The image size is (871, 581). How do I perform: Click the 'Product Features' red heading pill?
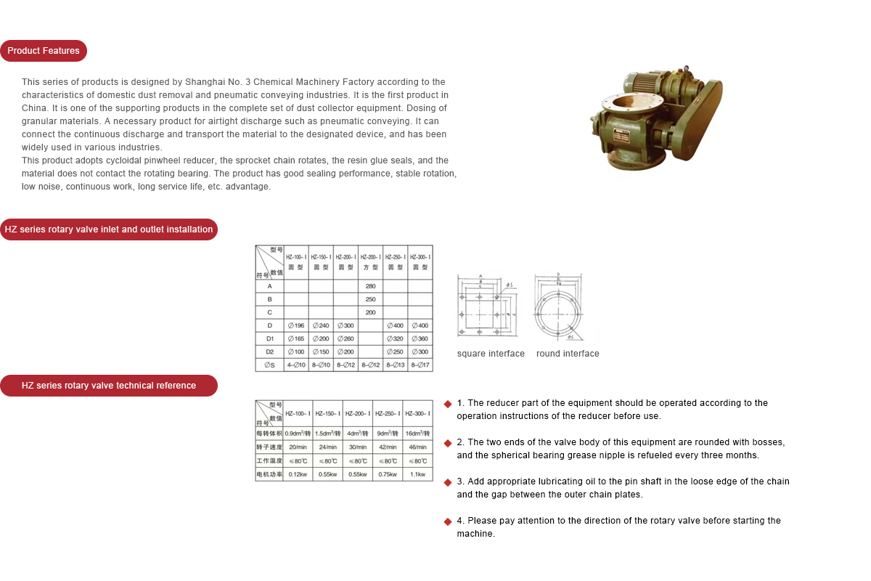[x=44, y=51]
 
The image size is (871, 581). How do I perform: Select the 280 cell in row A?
[x=370, y=286]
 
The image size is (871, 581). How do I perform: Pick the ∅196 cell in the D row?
[x=295, y=325]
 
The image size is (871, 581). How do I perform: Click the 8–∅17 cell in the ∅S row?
[x=420, y=365]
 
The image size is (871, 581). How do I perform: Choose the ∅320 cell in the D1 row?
[x=395, y=338]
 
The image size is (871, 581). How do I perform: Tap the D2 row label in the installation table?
[x=269, y=352]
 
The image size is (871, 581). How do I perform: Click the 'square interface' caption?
[x=491, y=354]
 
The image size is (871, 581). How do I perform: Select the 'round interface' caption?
[x=568, y=354]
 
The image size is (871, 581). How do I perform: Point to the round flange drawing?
[x=558, y=308]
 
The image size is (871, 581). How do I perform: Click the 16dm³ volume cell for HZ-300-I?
[x=417, y=433]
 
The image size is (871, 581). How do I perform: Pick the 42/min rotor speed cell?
[x=388, y=447]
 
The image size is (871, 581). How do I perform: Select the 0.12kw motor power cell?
[x=298, y=474]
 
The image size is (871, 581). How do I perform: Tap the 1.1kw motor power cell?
[x=417, y=474]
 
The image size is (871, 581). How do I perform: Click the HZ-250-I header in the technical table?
[x=388, y=413]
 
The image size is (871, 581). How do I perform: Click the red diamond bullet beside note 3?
[x=448, y=482]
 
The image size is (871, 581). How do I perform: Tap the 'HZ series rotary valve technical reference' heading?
[x=109, y=386]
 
